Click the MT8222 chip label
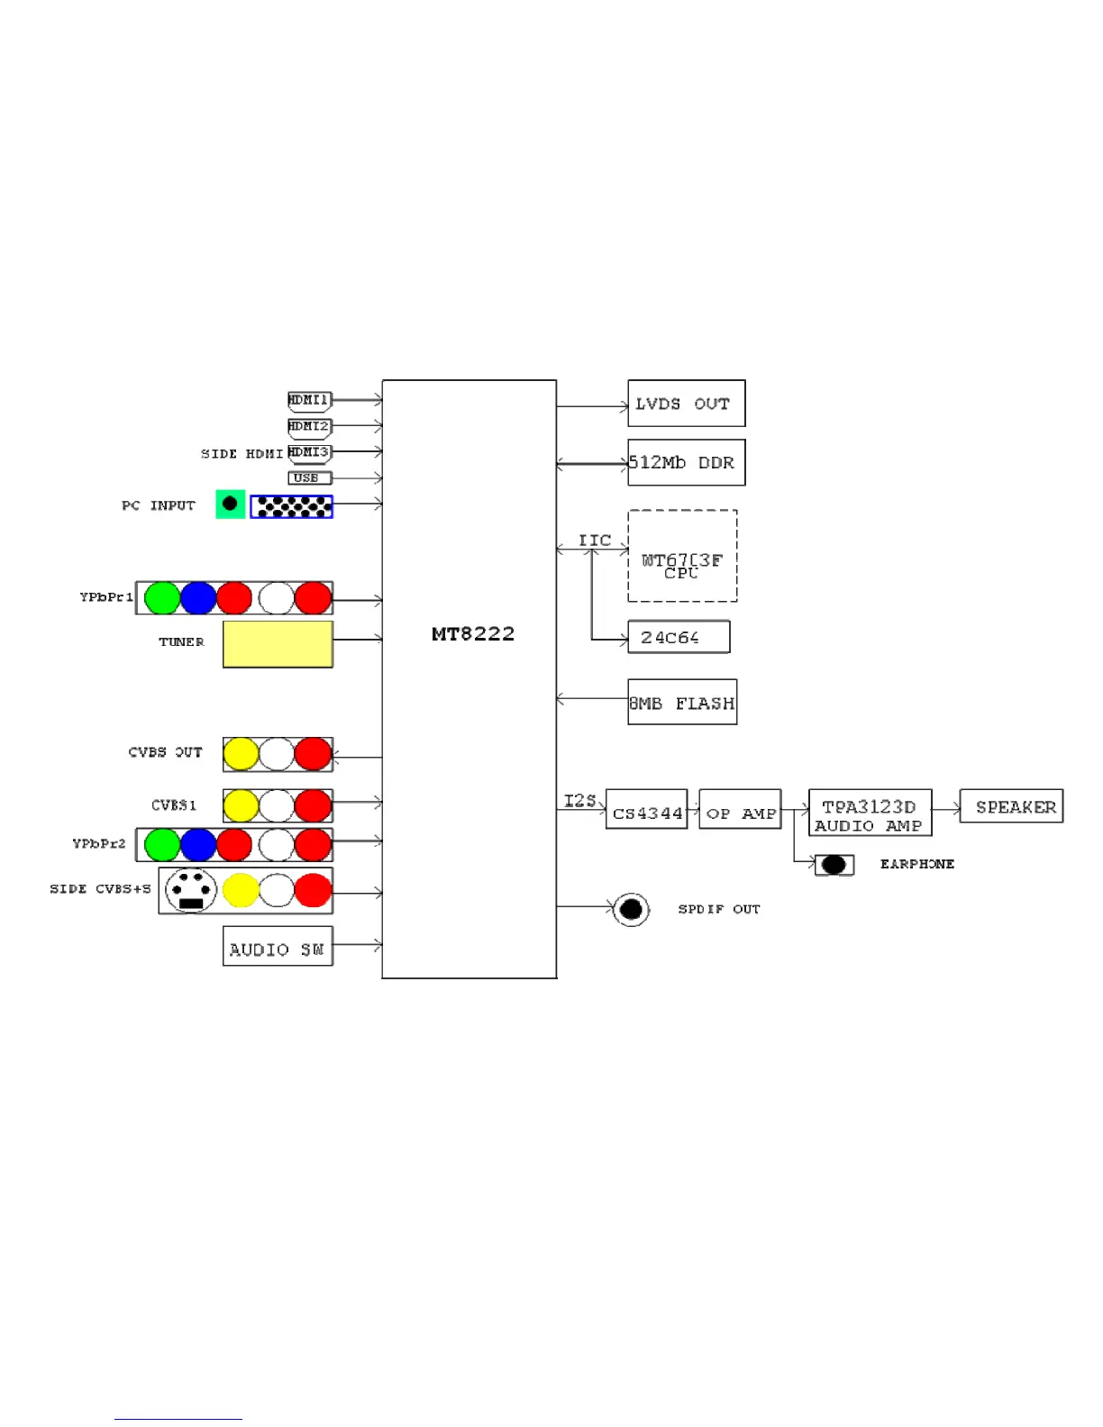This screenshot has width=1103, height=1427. [x=472, y=634]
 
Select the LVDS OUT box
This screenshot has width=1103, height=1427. [x=686, y=404]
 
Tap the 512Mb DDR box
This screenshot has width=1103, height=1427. [x=686, y=462]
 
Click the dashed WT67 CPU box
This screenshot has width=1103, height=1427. [x=682, y=556]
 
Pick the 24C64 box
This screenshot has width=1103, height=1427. [x=678, y=637]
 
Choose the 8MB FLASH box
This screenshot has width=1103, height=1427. [x=682, y=702]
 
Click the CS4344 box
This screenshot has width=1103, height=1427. [x=646, y=809]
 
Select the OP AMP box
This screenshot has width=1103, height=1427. [x=740, y=809]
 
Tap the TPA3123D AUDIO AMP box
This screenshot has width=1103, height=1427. [x=870, y=813]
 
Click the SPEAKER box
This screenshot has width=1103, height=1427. [x=1011, y=806]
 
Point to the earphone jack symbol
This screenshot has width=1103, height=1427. [x=834, y=865]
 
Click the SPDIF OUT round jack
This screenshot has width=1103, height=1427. [x=631, y=909]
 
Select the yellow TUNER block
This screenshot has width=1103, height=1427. [x=278, y=644]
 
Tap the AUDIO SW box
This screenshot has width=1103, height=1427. [x=278, y=946]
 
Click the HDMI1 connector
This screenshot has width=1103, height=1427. [x=309, y=400]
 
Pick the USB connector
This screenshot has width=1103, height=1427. [x=309, y=478]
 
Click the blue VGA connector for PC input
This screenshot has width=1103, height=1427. [x=291, y=506]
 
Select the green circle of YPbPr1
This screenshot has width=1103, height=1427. [x=162, y=598]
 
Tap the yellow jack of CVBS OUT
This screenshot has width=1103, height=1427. [x=241, y=754]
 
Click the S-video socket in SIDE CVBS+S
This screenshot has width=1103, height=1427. [x=191, y=890]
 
